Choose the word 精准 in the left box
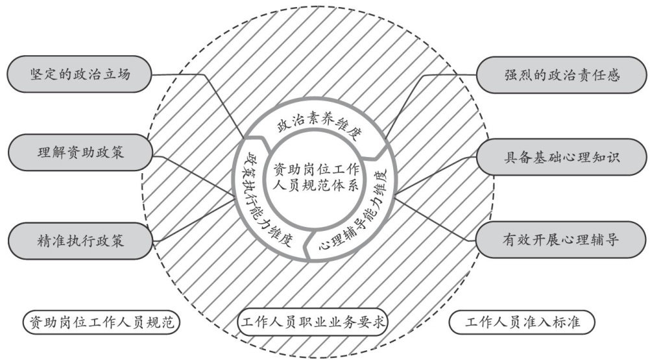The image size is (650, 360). (50, 241)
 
